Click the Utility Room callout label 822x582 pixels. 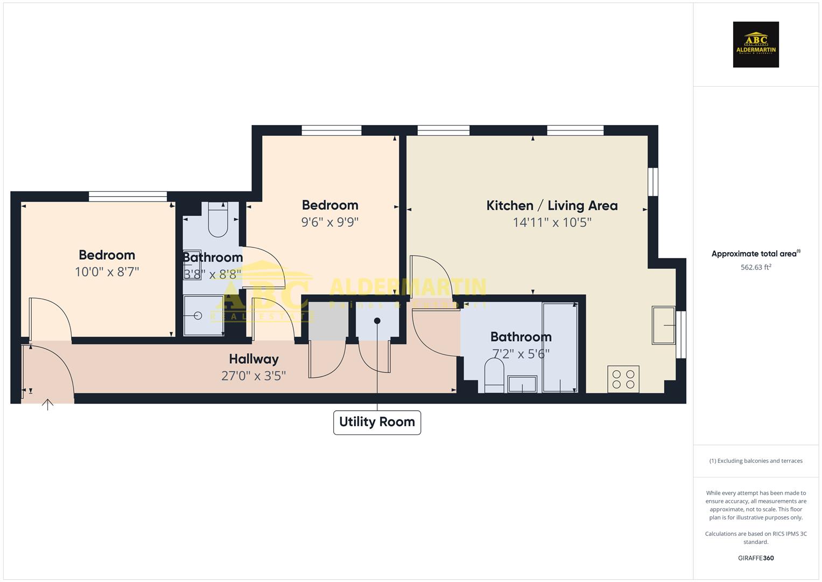[x=377, y=422]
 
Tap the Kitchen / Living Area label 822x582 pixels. [x=552, y=205]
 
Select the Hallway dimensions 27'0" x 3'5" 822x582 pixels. [x=253, y=376]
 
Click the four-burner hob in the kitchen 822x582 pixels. [x=623, y=379]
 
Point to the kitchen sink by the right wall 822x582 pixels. [x=663, y=325]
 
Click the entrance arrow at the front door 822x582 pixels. [x=48, y=404]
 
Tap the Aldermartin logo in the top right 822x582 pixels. [x=756, y=45]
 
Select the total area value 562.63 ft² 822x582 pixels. [x=756, y=267]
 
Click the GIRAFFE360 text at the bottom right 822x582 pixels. [x=756, y=558]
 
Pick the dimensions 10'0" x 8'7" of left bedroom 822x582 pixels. [x=107, y=272]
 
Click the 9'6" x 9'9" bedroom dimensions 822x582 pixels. [x=329, y=222]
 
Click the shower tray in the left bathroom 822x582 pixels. [x=203, y=316]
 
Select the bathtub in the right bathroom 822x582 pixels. [x=560, y=348]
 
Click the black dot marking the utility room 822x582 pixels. [x=377, y=321]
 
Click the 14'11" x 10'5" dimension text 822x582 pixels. [x=552, y=223]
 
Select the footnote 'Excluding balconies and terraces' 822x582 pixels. [x=756, y=461]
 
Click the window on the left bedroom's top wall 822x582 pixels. [x=128, y=197]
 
